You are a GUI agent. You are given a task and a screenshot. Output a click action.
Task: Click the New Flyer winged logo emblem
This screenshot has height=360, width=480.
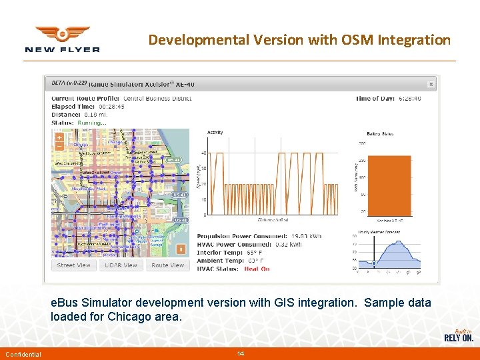62,34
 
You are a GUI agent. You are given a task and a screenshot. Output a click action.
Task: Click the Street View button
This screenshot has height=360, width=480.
74,265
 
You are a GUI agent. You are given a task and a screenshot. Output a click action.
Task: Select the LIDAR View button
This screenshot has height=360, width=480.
121,265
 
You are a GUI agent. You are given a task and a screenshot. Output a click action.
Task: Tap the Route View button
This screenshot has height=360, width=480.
167,265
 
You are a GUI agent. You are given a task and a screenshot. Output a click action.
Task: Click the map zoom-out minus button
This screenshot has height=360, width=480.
59,145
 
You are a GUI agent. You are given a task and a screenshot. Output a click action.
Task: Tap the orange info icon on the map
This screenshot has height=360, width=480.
180,249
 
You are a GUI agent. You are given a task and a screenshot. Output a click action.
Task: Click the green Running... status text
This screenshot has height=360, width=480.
92,123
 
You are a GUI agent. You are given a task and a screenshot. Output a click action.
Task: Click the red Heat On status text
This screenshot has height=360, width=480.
257,269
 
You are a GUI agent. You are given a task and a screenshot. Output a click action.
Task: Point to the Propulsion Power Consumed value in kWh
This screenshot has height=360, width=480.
307,237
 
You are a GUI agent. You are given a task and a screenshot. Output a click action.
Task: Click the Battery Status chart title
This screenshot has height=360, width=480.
379,133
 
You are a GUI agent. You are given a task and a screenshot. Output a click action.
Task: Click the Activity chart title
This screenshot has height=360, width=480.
215,132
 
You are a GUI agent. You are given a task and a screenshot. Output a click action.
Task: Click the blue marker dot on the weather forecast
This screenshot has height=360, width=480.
374,263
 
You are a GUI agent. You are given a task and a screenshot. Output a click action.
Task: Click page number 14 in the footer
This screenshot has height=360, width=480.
240,353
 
